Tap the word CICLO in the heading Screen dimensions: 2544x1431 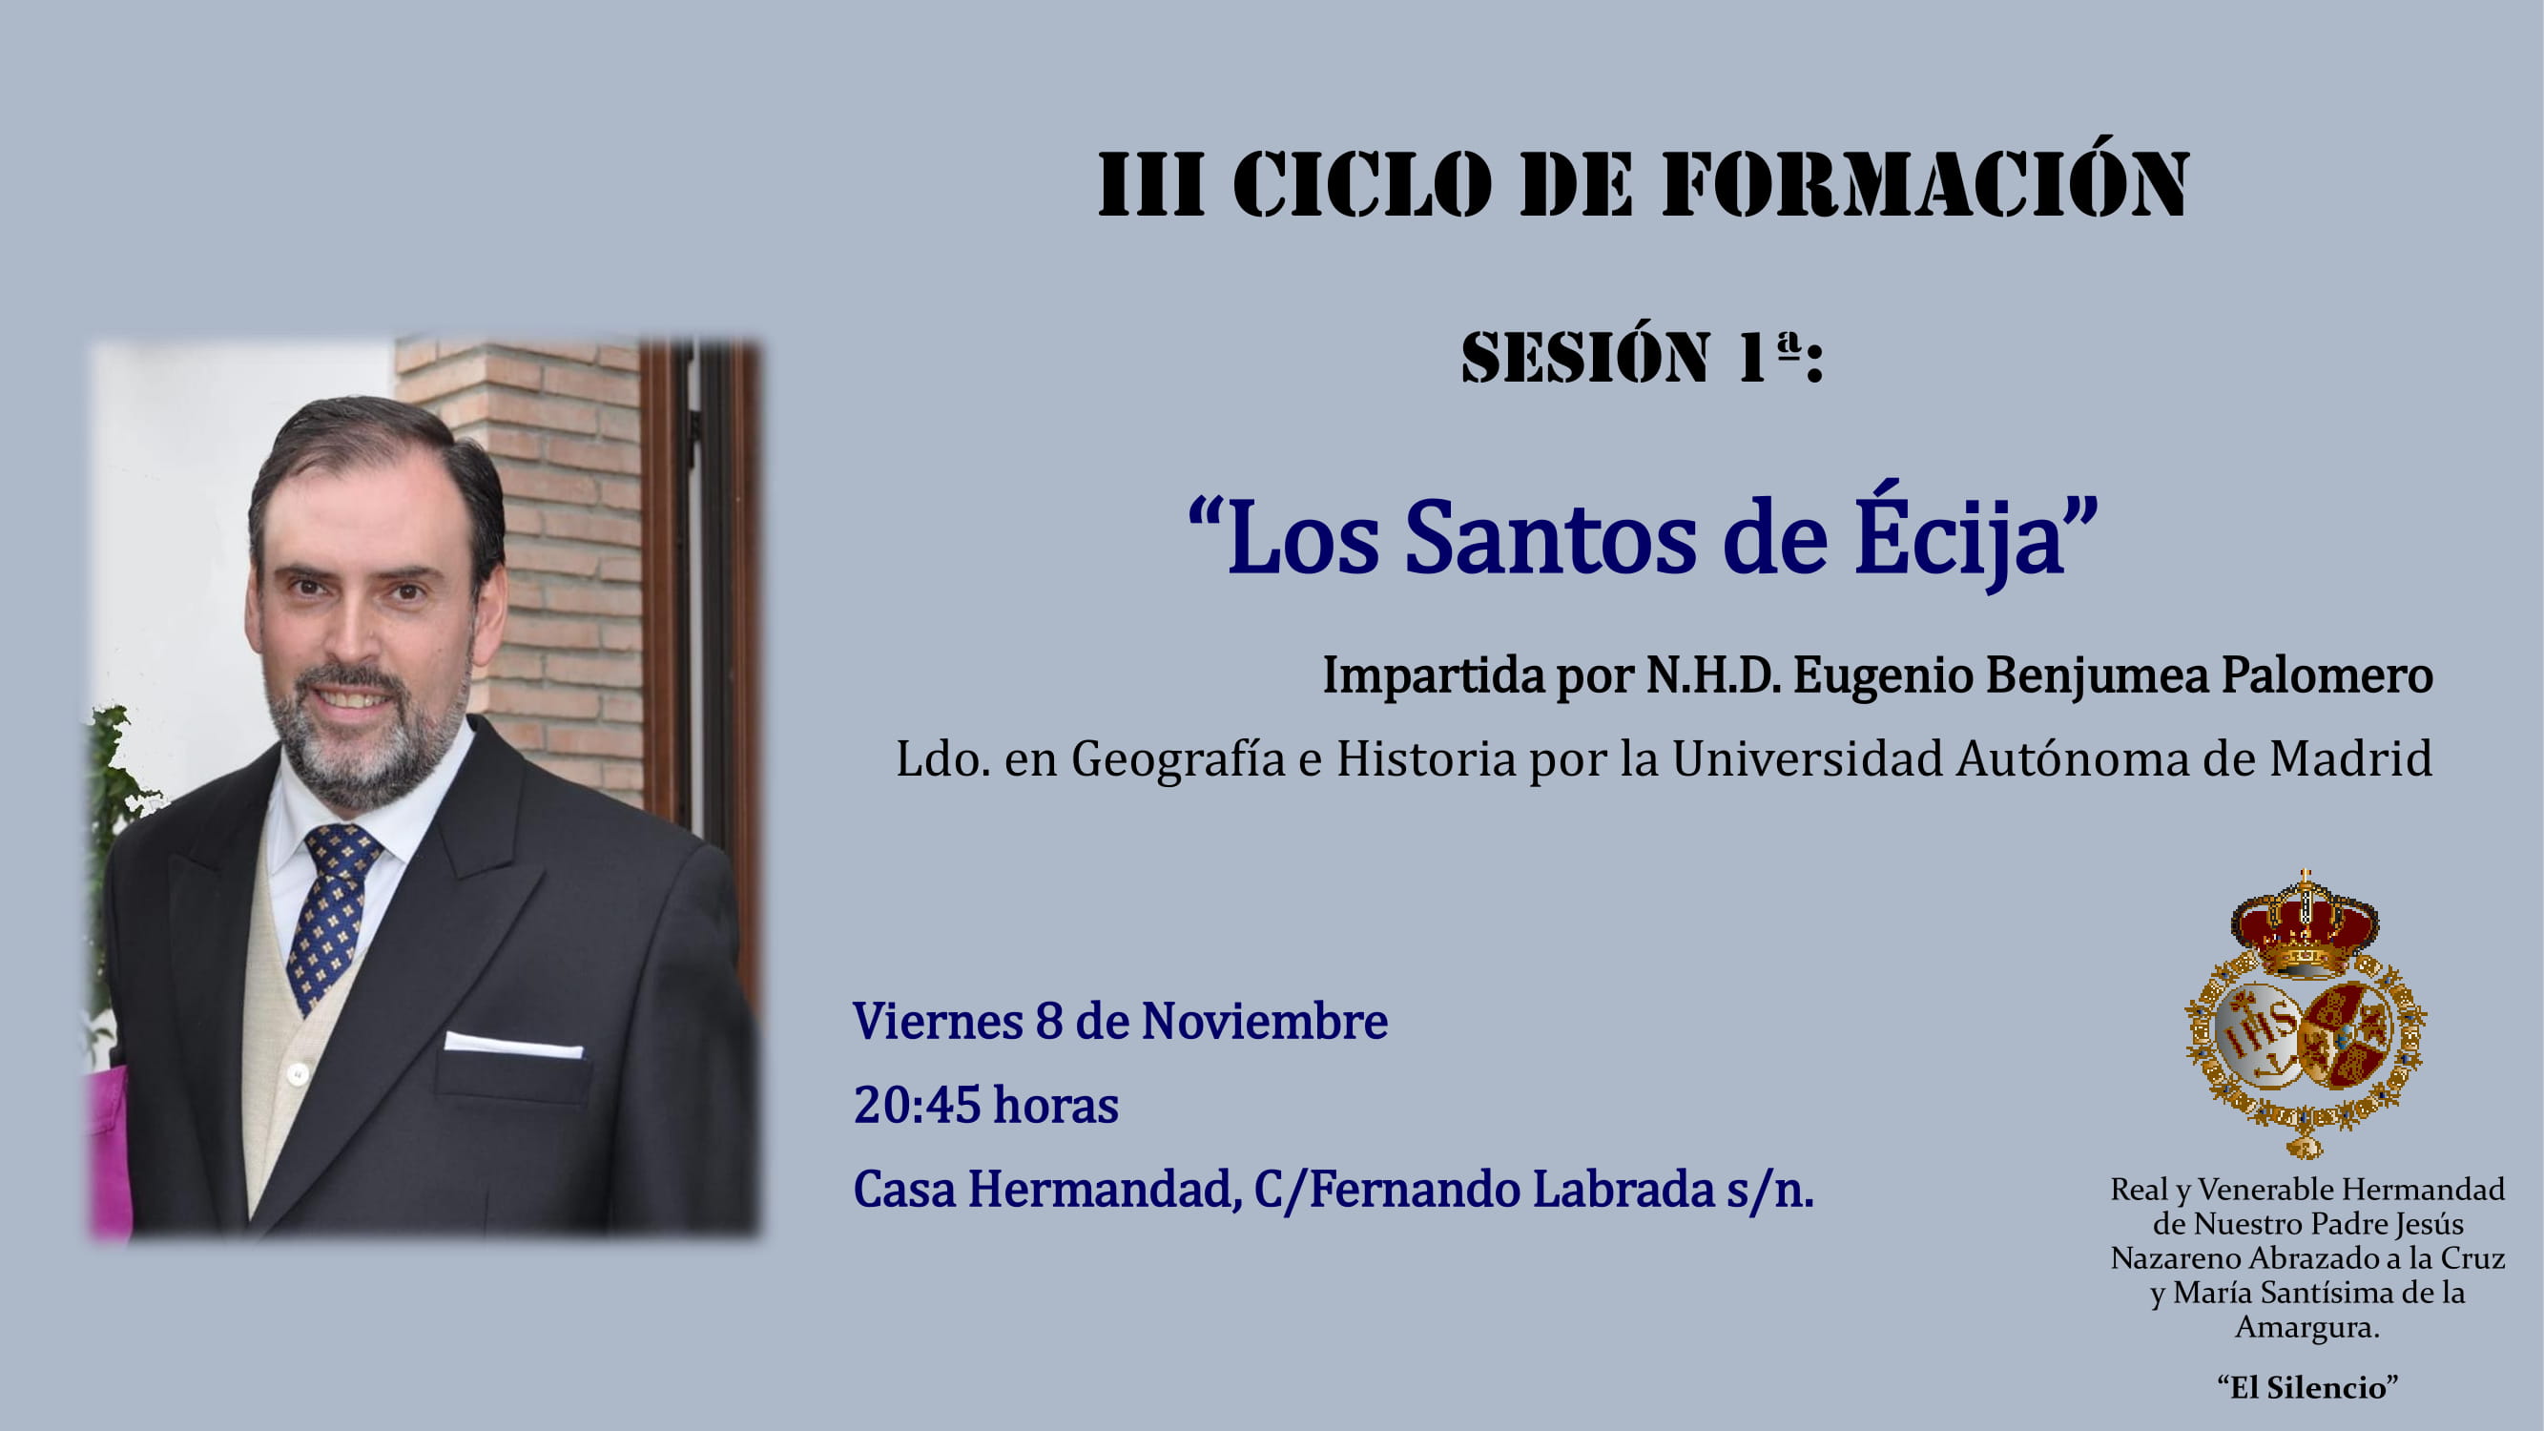pos(1363,184)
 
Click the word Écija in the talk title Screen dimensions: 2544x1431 pos(1959,538)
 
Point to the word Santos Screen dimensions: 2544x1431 pos(1549,538)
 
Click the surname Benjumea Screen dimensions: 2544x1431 pos(2097,676)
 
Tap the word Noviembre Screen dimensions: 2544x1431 pos(1264,1020)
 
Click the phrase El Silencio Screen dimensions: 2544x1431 pos(2307,1387)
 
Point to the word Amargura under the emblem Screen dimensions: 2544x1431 pos(2307,1327)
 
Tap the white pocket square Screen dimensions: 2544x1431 pos(513,1045)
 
